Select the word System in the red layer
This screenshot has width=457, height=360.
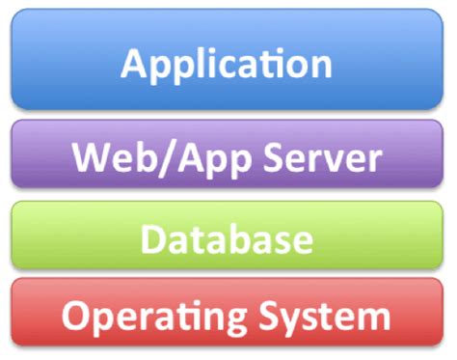click(326, 317)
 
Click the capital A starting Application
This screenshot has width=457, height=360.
click(136, 64)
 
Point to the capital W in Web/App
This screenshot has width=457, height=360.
click(94, 156)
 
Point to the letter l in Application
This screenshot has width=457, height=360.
click(201, 62)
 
